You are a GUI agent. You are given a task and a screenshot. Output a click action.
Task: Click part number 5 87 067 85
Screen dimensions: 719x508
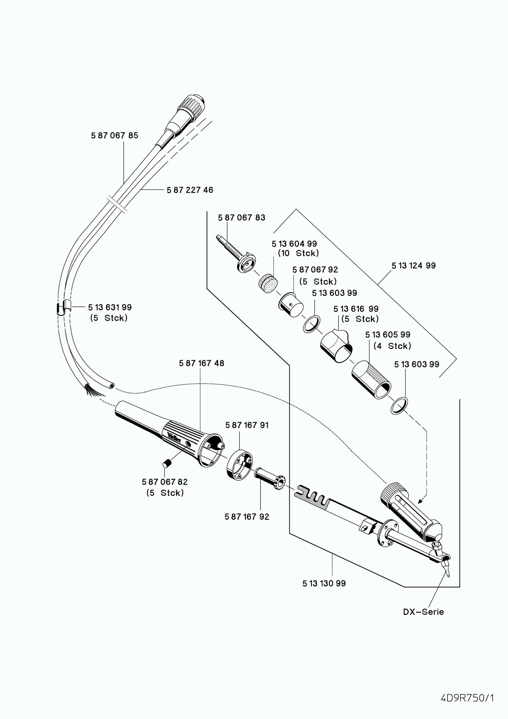coord(115,136)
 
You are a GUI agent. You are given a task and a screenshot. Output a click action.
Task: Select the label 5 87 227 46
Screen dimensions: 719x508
coord(190,190)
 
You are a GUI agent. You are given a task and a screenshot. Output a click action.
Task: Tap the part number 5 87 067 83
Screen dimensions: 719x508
coord(241,218)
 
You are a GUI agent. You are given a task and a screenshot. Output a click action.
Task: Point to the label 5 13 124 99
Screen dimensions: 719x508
coord(413,266)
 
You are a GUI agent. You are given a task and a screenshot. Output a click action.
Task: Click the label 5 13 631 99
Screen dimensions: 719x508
coord(110,307)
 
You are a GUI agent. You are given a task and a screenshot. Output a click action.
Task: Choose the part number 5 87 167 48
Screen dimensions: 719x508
coord(201,363)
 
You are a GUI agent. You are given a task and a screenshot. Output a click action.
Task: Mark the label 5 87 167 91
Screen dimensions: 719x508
coord(247,425)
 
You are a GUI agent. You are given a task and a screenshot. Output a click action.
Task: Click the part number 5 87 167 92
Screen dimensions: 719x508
coord(247,517)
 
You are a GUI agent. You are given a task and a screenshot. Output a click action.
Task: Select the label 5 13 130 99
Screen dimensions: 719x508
coord(324,583)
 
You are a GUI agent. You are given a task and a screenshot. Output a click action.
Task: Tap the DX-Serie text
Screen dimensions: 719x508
coord(423,612)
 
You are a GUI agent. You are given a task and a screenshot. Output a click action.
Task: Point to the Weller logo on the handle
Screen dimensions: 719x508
coord(174,438)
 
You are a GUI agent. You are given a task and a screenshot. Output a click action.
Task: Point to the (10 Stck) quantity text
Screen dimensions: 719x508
coord(298,253)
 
